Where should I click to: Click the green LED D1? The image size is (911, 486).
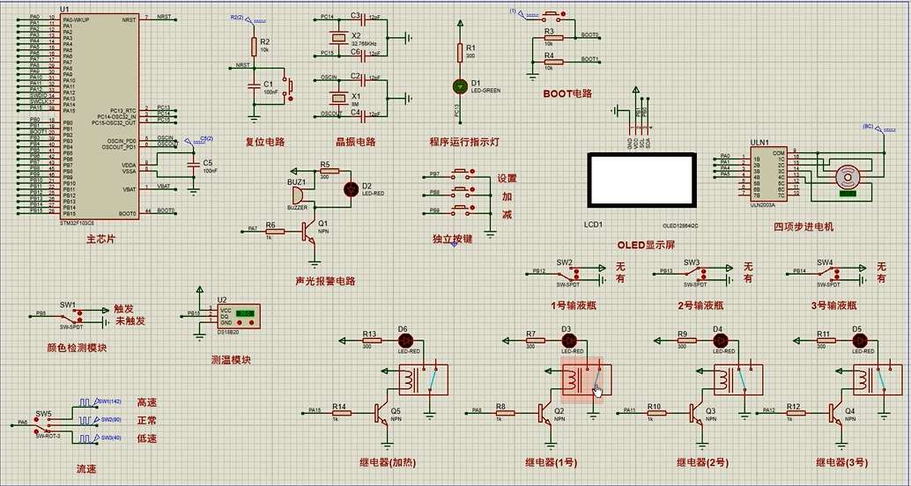point(458,86)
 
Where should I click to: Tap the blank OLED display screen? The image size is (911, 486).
point(642,180)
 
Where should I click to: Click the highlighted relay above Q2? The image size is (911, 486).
point(582,379)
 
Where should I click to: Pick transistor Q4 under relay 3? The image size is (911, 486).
point(835,412)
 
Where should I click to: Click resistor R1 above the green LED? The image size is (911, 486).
point(458,51)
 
